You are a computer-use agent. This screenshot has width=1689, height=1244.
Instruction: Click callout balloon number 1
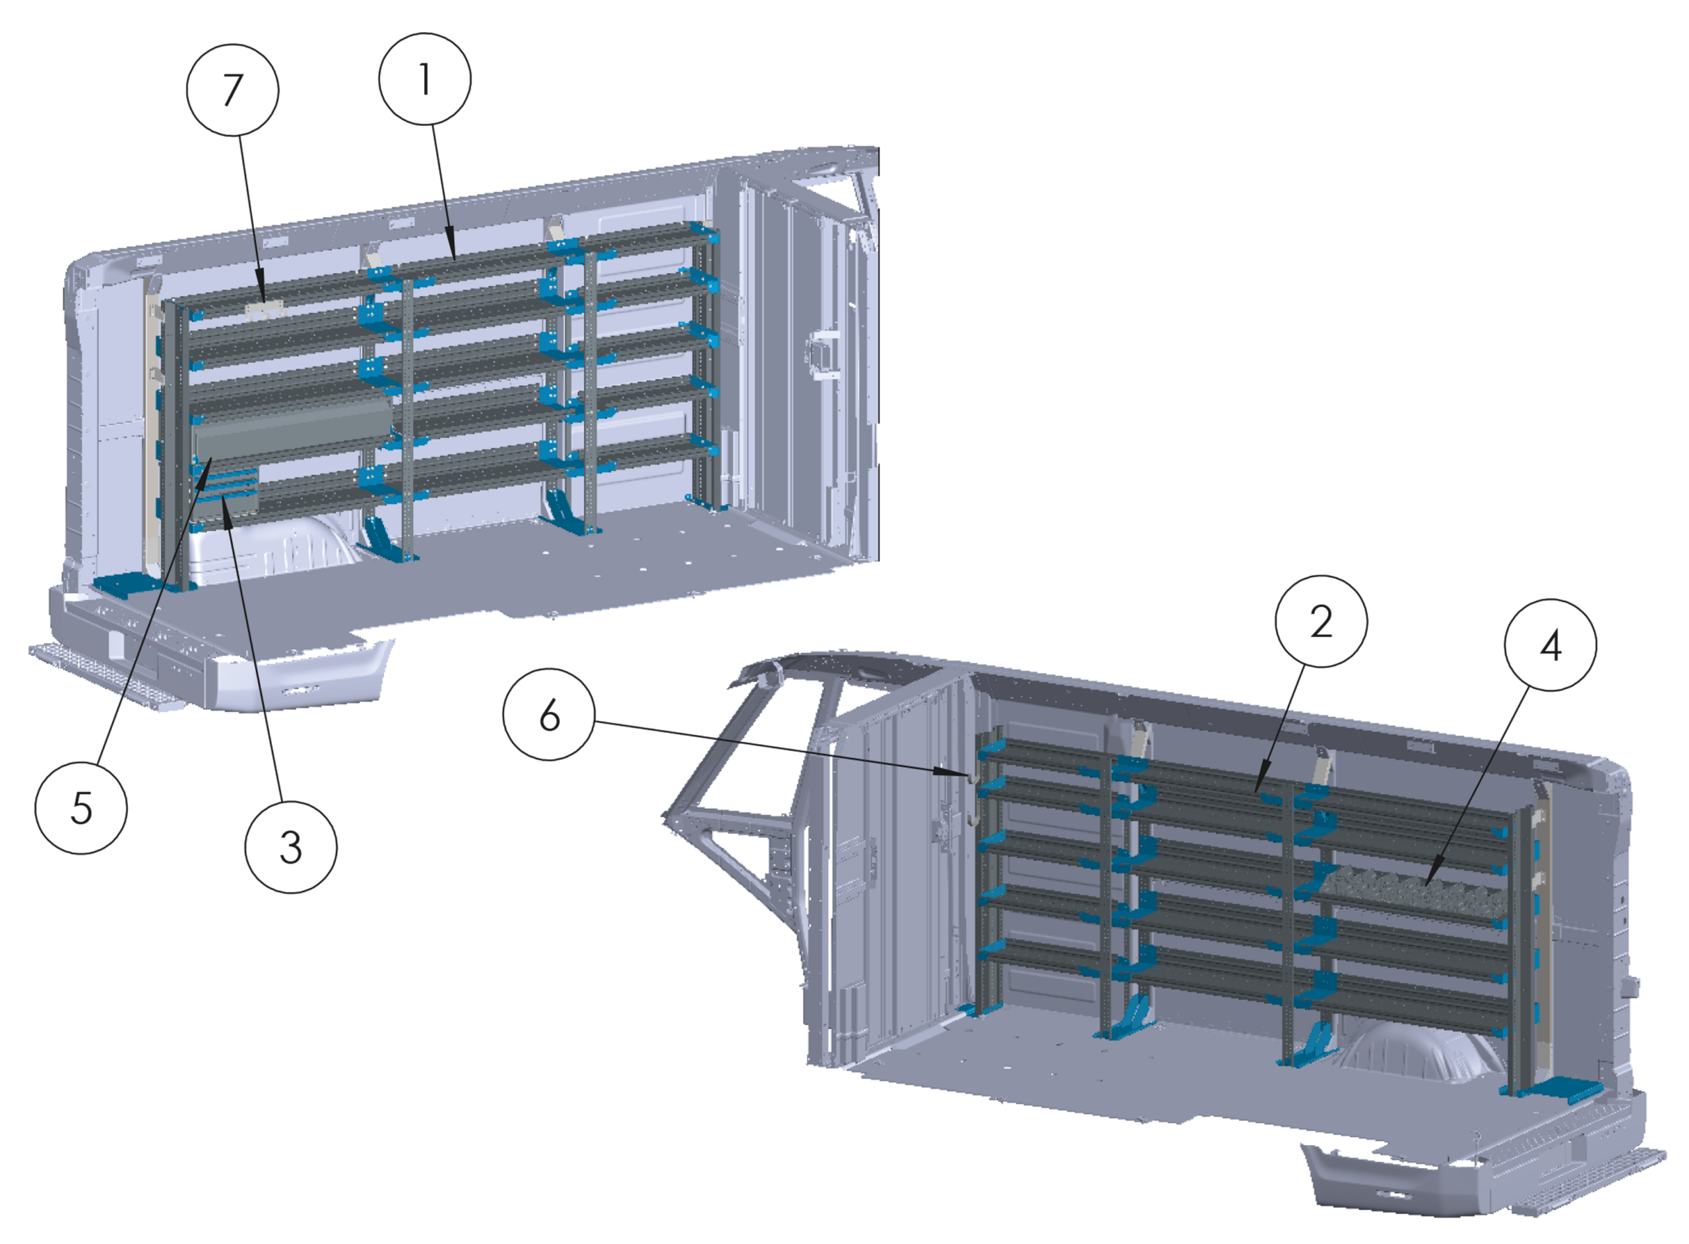[x=425, y=79]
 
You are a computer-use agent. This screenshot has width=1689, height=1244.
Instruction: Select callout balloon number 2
[x=1321, y=621]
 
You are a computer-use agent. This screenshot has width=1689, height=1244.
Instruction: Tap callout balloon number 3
[x=291, y=847]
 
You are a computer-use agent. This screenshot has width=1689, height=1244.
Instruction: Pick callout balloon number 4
[x=1550, y=644]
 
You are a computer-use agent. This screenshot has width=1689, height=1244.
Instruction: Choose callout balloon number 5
[x=81, y=808]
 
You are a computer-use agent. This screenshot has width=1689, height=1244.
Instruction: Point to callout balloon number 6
[x=549, y=714]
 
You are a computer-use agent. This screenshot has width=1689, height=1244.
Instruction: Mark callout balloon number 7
[x=233, y=90]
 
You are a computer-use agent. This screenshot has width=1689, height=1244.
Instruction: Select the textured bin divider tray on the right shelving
[x=1413, y=894]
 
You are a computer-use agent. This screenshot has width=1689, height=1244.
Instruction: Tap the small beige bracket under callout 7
[x=263, y=310]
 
